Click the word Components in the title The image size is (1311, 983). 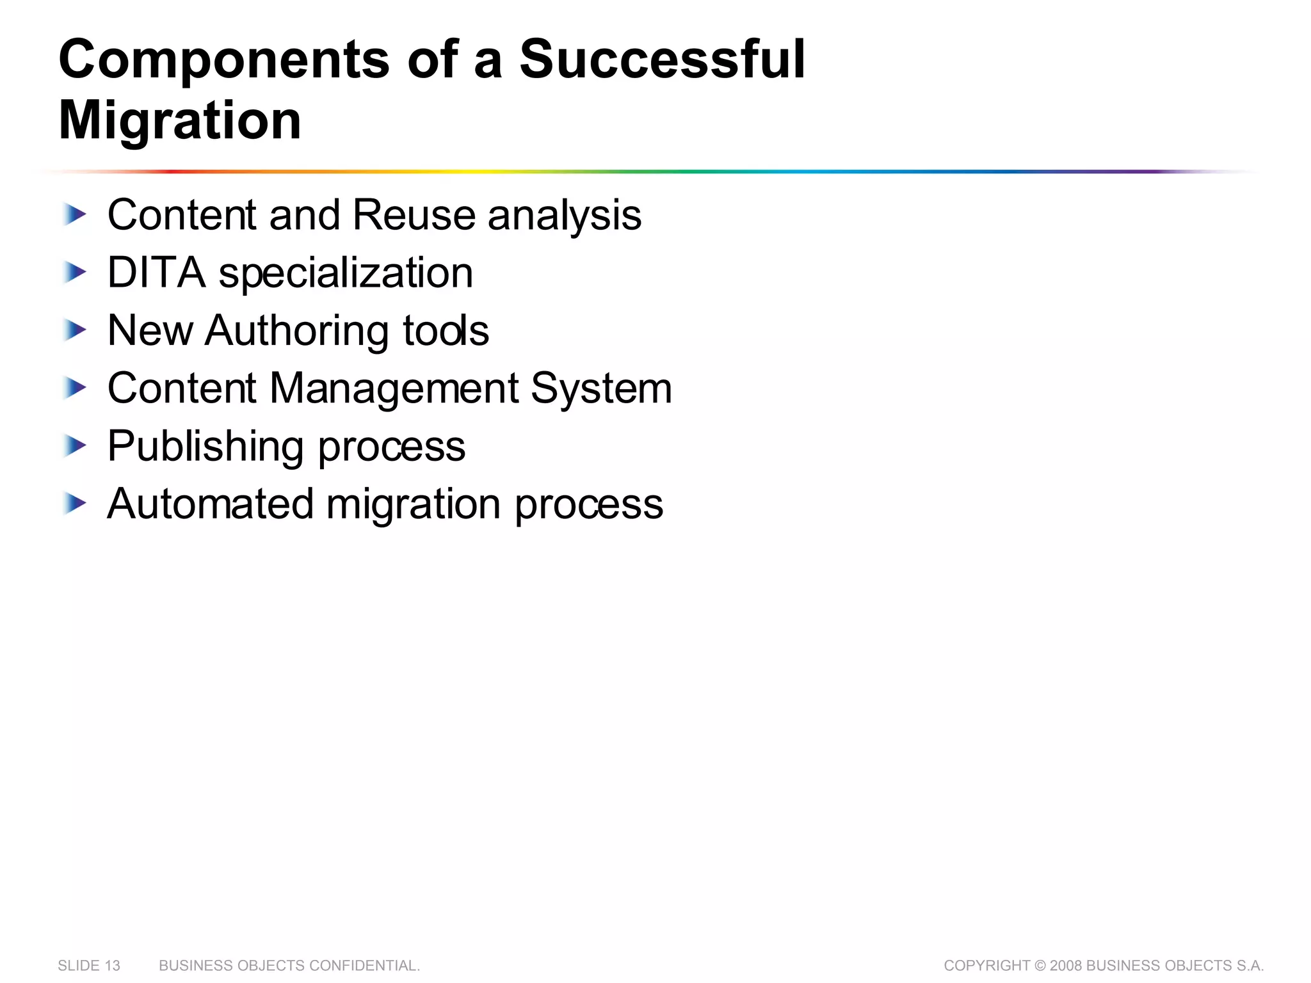pyautogui.click(x=223, y=60)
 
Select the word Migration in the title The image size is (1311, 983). pyautogui.click(x=180, y=121)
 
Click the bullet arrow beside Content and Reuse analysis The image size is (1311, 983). pyautogui.click(x=75, y=214)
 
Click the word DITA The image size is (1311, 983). pyautogui.click(x=157, y=273)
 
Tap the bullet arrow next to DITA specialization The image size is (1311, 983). pyautogui.click(x=75, y=273)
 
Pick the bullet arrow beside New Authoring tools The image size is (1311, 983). pyautogui.click(x=75, y=331)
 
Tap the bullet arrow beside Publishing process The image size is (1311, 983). pyautogui.click(x=75, y=446)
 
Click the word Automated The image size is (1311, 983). pyautogui.click(x=211, y=504)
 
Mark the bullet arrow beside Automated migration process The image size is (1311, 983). pyautogui.click(x=75, y=504)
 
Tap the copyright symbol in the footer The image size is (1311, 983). pyautogui.click(x=1040, y=966)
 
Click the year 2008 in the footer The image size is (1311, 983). pyautogui.click(x=1066, y=966)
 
